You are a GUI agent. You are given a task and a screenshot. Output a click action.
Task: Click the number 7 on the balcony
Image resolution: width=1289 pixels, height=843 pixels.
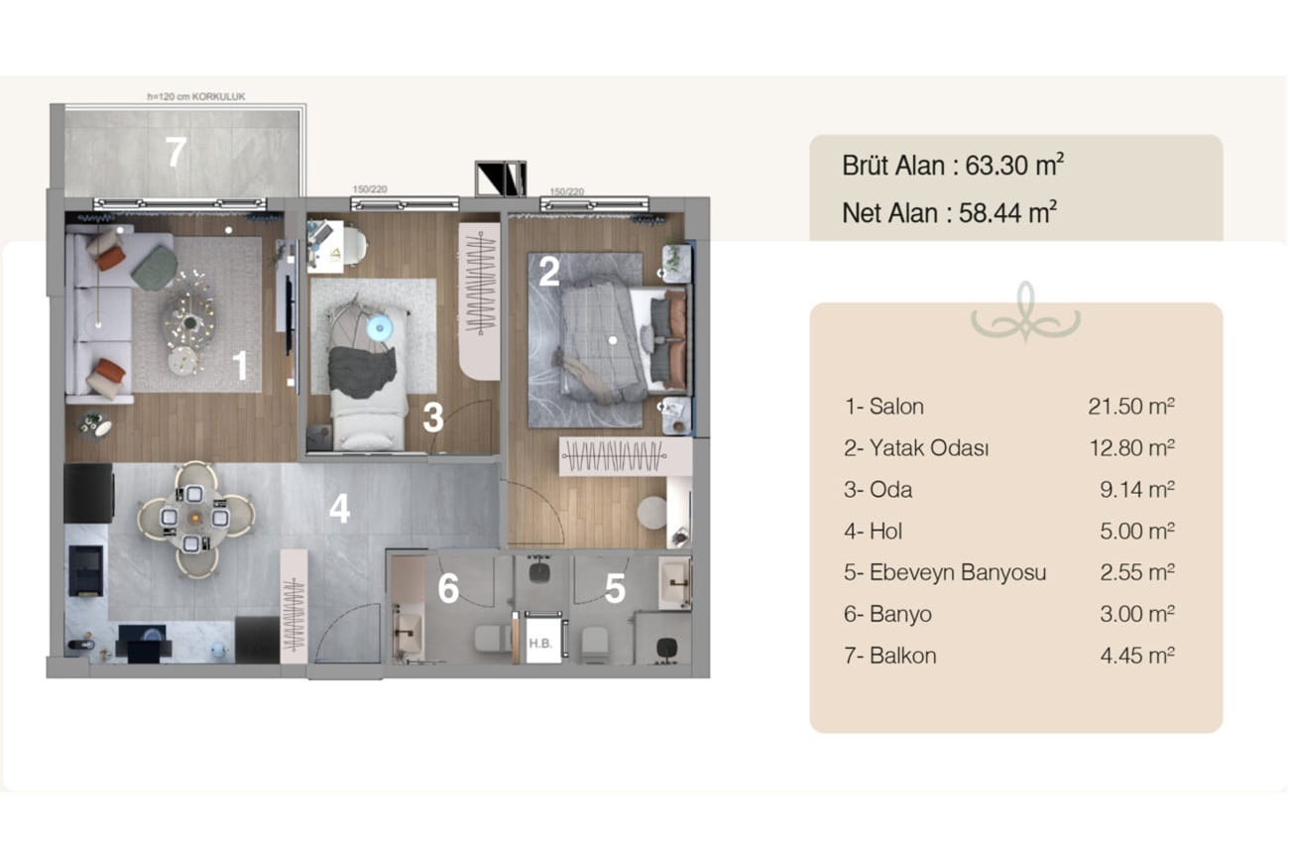pyautogui.click(x=176, y=152)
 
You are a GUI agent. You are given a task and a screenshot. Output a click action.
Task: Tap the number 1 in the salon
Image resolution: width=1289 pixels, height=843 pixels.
pyautogui.click(x=241, y=365)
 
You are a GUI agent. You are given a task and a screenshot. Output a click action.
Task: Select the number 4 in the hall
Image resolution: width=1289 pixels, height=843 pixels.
pyautogui.click(x=339, y=509)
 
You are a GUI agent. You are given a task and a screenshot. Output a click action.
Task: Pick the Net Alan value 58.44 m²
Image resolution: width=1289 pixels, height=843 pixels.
pyautogui.click(x=1007, y=213)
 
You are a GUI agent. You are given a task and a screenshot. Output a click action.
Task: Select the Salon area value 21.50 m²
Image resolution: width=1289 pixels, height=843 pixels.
pyautogui.click(x=1130, y=407)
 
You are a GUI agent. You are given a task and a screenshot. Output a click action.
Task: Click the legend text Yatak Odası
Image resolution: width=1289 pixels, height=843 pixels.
pyautogui.click(x=929, y=447)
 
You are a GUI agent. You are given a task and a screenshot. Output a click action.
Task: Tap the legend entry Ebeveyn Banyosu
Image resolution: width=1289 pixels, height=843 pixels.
pyautogui.click(x=958, y=572)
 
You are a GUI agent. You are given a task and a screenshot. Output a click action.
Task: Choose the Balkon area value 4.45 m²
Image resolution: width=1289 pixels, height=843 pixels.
pyautogui.click(x=1137, y=656)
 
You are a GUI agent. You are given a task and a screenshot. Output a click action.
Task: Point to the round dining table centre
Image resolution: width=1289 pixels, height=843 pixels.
pyautogui.click(x=195, y=519)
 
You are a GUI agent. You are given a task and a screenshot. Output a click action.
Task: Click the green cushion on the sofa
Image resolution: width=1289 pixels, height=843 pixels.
pyautogui.click(x=155, y=268)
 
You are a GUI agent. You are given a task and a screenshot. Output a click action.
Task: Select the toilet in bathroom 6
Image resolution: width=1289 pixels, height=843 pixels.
pyautogui.click(x=493, y=640)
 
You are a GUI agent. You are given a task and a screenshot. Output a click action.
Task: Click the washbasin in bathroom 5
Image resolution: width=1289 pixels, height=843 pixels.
pyautogui.click(x=675, y=582)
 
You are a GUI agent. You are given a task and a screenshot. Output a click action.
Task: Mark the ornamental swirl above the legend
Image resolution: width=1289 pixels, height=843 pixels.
pyautogui.click(x=1025, y=312)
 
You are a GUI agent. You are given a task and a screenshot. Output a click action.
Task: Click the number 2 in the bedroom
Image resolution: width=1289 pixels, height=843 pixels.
pyautogui.click(x=548, y=271)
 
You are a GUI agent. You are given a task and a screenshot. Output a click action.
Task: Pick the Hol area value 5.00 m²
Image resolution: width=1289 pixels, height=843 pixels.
pyautogui.click(x=1137, y=532)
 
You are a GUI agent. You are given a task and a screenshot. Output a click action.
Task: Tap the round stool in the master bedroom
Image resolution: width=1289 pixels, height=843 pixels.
pyautogui.click(x=652, y=512)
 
